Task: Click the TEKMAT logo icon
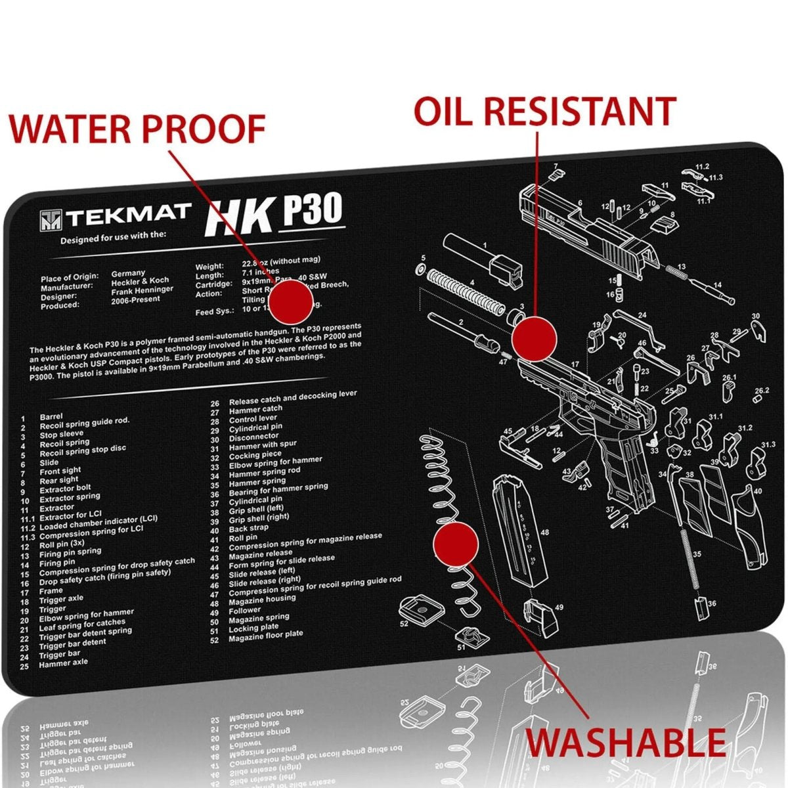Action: (x=51, y=220)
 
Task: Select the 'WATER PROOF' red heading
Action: (x=137, y=128)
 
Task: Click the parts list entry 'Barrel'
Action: (x=51, y=417)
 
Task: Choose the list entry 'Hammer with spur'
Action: (x=263, y=446)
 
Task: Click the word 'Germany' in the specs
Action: (x=128, y=273)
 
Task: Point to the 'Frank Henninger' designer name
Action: (x=142, y=290)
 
